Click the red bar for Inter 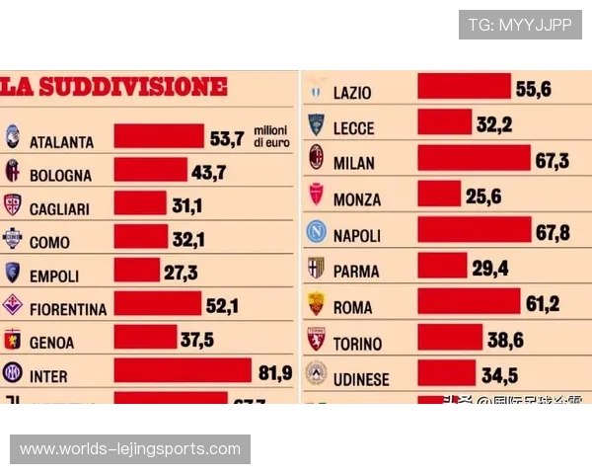183,370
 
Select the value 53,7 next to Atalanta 226,139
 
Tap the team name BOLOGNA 60,175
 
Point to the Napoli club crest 316,233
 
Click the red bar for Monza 438,195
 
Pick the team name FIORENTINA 67,308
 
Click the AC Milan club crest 317,158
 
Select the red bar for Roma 468,303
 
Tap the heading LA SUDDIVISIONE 113,87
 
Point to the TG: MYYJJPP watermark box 520,25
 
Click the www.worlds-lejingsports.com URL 130,449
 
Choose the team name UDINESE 361,379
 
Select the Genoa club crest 13,341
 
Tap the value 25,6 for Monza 483,197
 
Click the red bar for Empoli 136,271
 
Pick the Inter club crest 13,373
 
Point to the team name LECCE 354,127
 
